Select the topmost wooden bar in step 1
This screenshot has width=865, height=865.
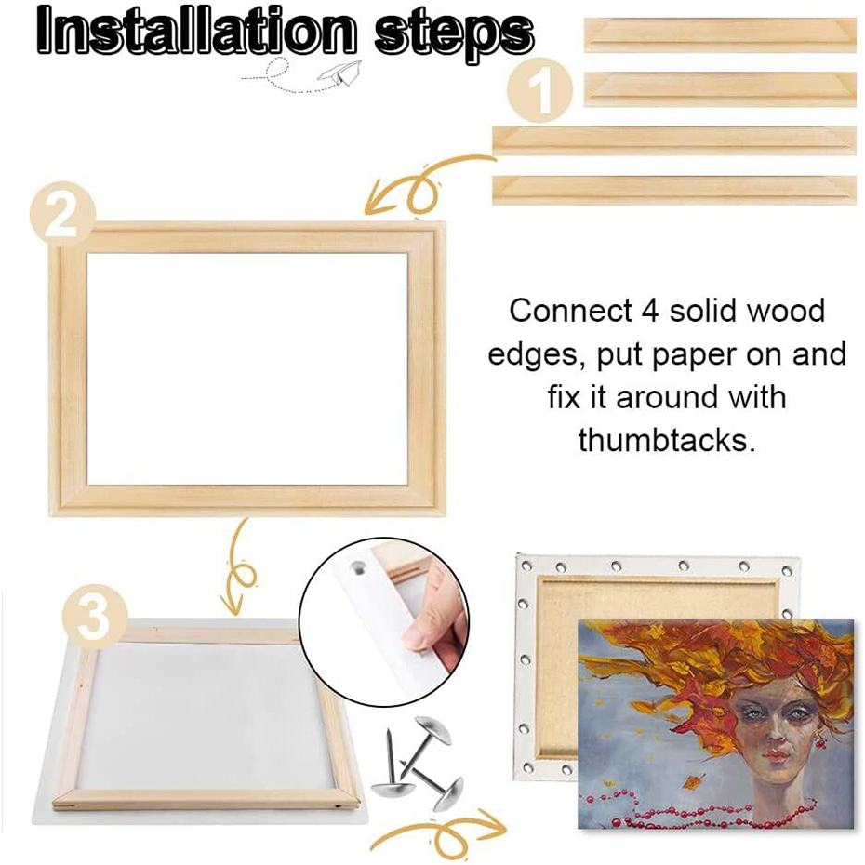721,34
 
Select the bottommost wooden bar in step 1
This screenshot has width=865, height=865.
674,189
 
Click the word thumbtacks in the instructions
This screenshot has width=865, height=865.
665,440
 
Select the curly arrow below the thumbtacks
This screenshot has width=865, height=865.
437,833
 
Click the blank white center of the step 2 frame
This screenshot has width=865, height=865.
247,368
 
